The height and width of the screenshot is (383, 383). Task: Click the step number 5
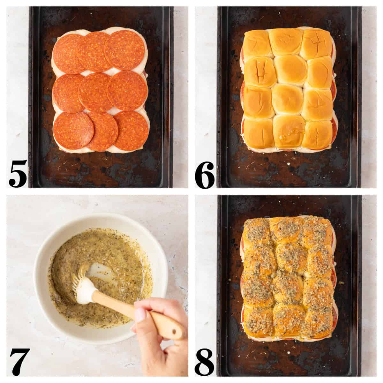[18, 174]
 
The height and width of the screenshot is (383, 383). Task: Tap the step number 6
[204, 174]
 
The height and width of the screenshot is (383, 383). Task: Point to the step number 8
[204, 364]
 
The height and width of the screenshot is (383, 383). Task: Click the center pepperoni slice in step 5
[96, 93]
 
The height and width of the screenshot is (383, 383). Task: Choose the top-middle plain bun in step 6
[286, 41]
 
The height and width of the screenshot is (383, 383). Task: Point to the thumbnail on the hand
[140, 316]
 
